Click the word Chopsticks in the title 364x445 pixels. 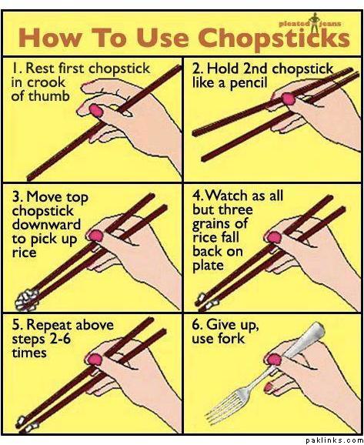pos(274,39)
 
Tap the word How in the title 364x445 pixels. pos(49,38)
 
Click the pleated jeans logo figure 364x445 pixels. pos(314,22)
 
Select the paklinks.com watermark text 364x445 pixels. pos(334,440)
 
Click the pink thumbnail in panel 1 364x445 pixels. pos(96,110)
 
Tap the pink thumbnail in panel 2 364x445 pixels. pos(289,99)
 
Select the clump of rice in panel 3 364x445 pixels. pos(27,300)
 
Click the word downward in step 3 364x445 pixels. pos(46,224)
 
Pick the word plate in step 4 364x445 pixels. pos(208,266)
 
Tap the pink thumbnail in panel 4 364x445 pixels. pos(275,237)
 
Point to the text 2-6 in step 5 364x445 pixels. pos(60,340)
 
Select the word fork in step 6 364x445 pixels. pos(230,339)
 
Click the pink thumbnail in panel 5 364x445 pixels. pos(95,360)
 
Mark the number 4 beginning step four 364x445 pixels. pos(196,196)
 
